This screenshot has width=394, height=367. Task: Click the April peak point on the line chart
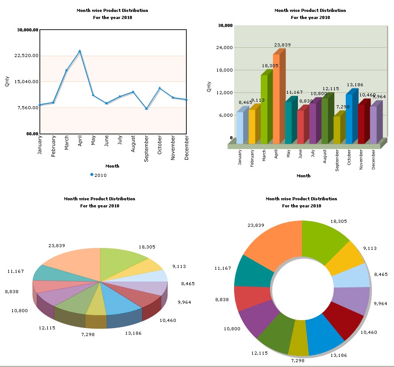[x=80, y=51]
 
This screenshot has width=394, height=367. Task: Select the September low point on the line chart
[x=147, y=108]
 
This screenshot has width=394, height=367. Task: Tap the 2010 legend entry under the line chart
[x=98, y=175]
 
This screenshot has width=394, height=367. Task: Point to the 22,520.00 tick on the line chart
[x=27, y=56]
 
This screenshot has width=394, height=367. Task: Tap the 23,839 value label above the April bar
[x=282, y=45]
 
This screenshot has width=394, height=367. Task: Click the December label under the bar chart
[x=374, y=159]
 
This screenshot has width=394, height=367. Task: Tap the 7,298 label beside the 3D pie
[x=88, y=334]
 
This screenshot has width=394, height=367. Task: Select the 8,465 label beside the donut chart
[x=381, y=275]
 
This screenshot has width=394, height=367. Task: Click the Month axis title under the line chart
[x=112, y=166]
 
